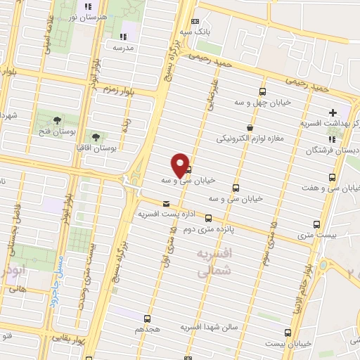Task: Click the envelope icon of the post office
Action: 166,203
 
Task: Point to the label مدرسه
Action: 126,48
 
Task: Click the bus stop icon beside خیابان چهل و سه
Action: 262,92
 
